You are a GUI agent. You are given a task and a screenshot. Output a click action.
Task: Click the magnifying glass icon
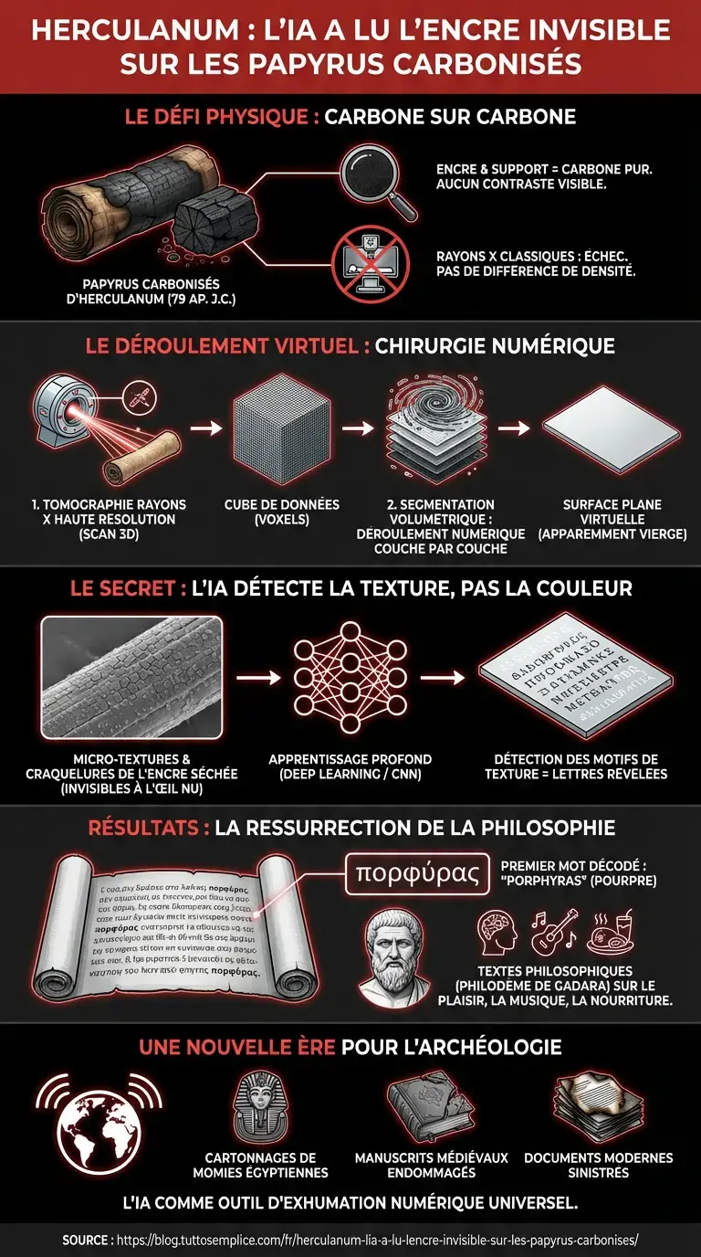click(x=374, y=180)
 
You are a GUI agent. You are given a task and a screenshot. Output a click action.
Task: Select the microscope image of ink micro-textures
click(x=131, y=677)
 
